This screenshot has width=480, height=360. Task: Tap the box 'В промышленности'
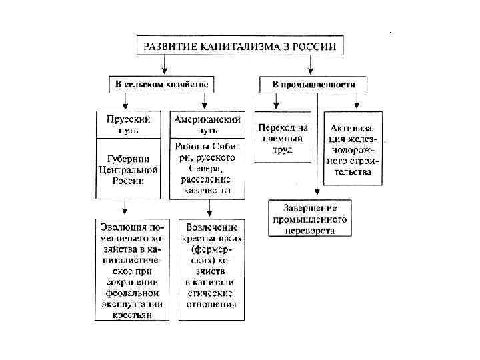(313, 85)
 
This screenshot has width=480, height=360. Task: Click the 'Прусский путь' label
(129, 124)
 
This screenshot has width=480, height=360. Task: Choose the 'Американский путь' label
(206, 124)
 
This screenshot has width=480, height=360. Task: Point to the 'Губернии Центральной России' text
(129, 169)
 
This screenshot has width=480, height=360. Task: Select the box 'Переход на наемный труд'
(283, 138)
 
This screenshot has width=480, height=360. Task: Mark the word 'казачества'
(209, 190)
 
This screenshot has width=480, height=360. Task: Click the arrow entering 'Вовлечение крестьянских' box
(209, 210)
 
